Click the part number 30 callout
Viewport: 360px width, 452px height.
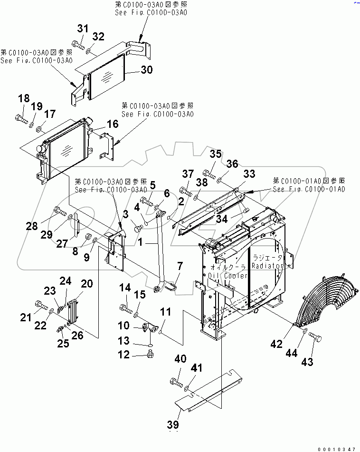point(147,70)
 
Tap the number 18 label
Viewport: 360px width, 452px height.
point(24,99)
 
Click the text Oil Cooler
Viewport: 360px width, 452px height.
point(225,275)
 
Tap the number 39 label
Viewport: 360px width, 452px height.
point(174,424)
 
